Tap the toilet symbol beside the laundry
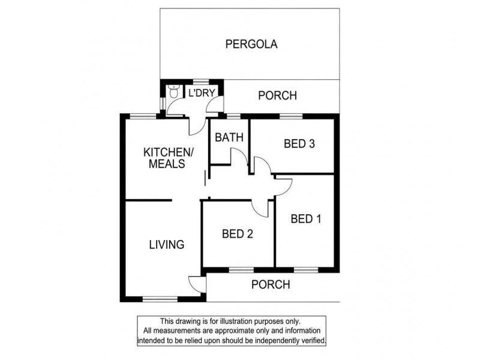pos(173,92)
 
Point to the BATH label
pos(229,137)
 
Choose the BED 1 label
pos(305,219)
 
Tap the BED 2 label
pos(236,234)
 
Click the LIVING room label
pos(166,244)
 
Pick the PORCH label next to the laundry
pos(277,95)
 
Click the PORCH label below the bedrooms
pos(270,284)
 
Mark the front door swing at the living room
pos(196,283)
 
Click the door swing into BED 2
pos(260,207)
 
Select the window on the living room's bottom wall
pos(160,298)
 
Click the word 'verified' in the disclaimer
pos(310,340)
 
